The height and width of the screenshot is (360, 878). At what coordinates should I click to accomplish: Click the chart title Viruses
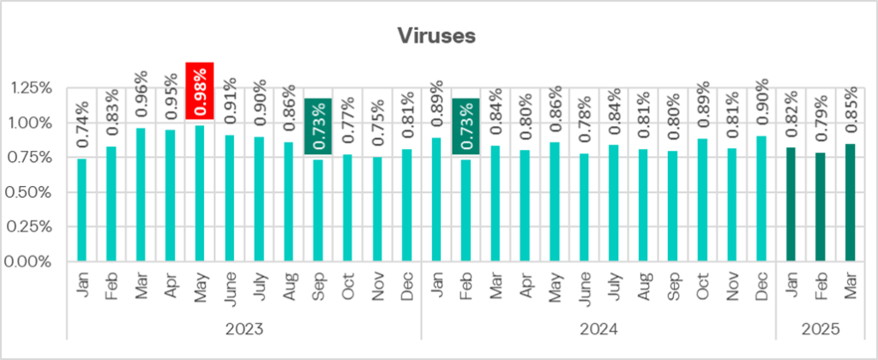point(438,35)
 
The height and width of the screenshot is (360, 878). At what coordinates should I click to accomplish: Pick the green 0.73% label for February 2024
point(466,126)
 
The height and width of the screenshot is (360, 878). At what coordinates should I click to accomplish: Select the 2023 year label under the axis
point(244,328)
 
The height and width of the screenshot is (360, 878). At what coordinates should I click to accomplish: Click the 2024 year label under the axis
point(598,328)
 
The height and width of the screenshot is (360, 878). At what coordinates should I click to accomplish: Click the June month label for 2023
point(229,291)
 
